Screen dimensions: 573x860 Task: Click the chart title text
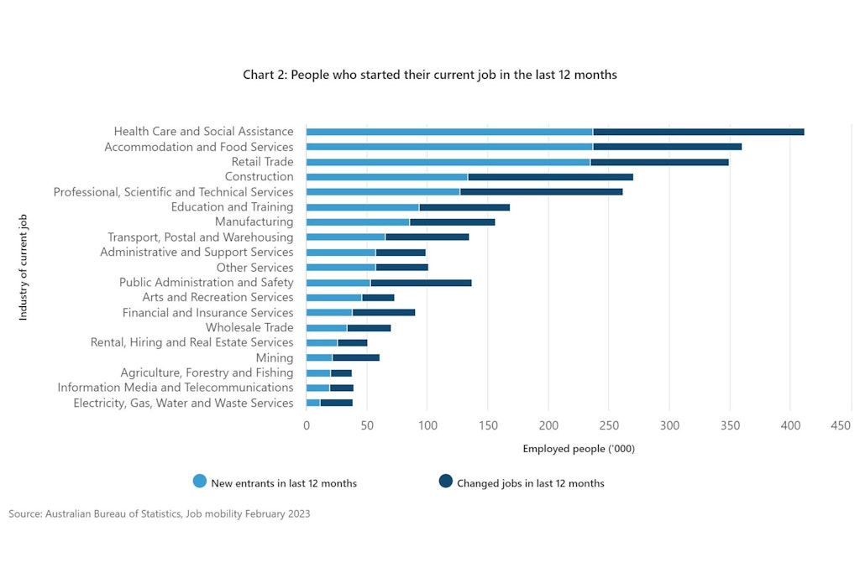429,75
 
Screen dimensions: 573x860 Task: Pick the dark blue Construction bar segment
550,177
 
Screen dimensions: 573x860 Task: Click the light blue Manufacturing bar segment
358,222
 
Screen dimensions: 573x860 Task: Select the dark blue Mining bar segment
356,358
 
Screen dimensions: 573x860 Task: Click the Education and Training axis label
232,207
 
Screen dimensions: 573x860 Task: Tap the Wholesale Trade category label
249,328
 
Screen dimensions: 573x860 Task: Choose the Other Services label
254,268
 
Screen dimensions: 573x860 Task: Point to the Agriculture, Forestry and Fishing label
207,373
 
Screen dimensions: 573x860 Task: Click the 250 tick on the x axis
548,427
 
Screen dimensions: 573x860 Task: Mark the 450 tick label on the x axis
841,427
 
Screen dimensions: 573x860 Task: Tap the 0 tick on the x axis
307,427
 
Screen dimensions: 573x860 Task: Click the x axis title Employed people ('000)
579,449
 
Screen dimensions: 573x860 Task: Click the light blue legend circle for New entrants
200,482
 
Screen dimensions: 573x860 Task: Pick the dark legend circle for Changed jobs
445,482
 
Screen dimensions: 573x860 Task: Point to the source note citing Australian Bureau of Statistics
160,513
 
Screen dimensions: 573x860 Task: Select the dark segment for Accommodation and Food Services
667,147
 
